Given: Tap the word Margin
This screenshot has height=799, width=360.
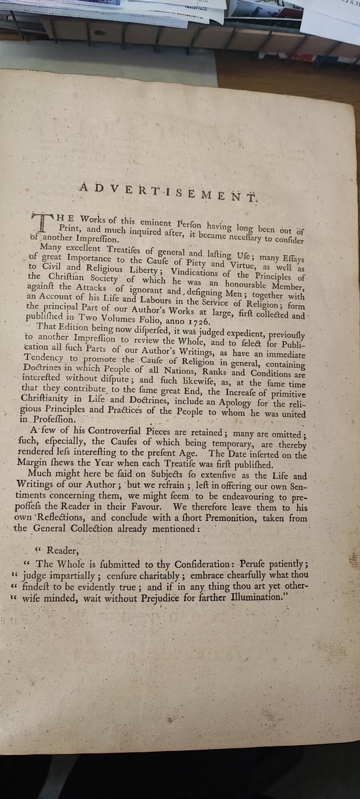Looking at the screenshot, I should [44, 465].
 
